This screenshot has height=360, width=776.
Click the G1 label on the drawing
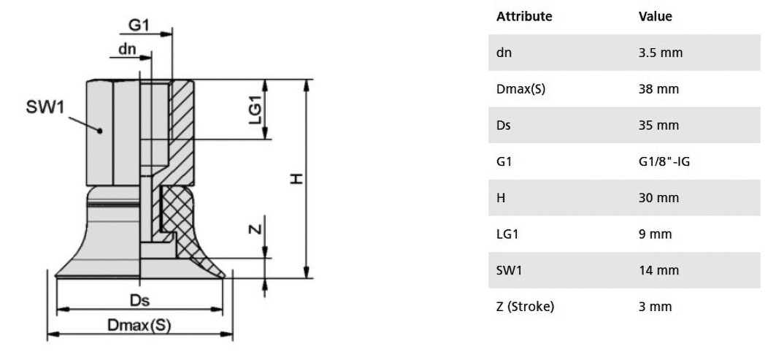tap(139, 25)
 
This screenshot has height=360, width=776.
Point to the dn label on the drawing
tap(127, 50)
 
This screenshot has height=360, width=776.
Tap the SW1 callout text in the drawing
tap(45, 106)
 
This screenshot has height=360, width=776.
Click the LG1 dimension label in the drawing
tap(256, 109)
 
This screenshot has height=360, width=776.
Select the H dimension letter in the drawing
tap(296, 179)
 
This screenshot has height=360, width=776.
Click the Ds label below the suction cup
tap(139, 300)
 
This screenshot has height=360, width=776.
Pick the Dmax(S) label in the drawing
tap(139, 326)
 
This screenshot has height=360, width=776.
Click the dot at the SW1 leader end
tap(100, 131)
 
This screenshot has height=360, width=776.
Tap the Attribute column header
tap(524, 16)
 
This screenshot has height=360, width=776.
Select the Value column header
tap(656, 16)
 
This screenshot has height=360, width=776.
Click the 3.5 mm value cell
tap(660, 53)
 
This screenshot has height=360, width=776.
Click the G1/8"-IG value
tap(664, 161)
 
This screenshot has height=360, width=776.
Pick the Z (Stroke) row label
tap(525, 307)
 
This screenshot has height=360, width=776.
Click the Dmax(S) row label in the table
tap(520, 89)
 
